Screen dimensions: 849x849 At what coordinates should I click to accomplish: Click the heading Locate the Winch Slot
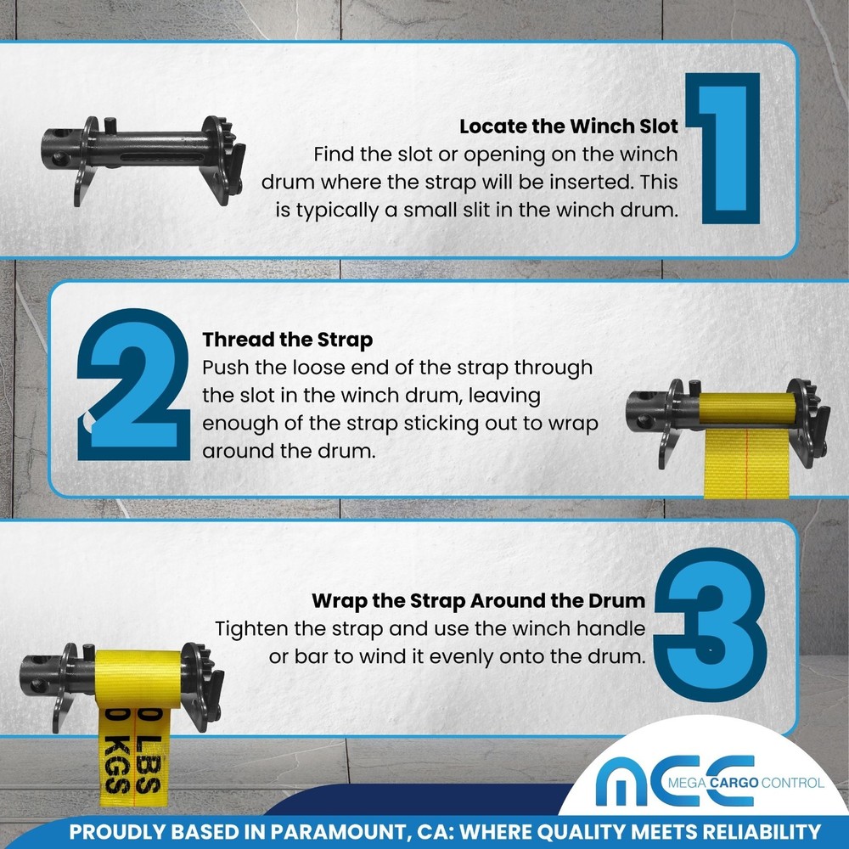(x=568, y=127)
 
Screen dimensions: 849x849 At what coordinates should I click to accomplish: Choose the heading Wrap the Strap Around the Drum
(x=478, y=601)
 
